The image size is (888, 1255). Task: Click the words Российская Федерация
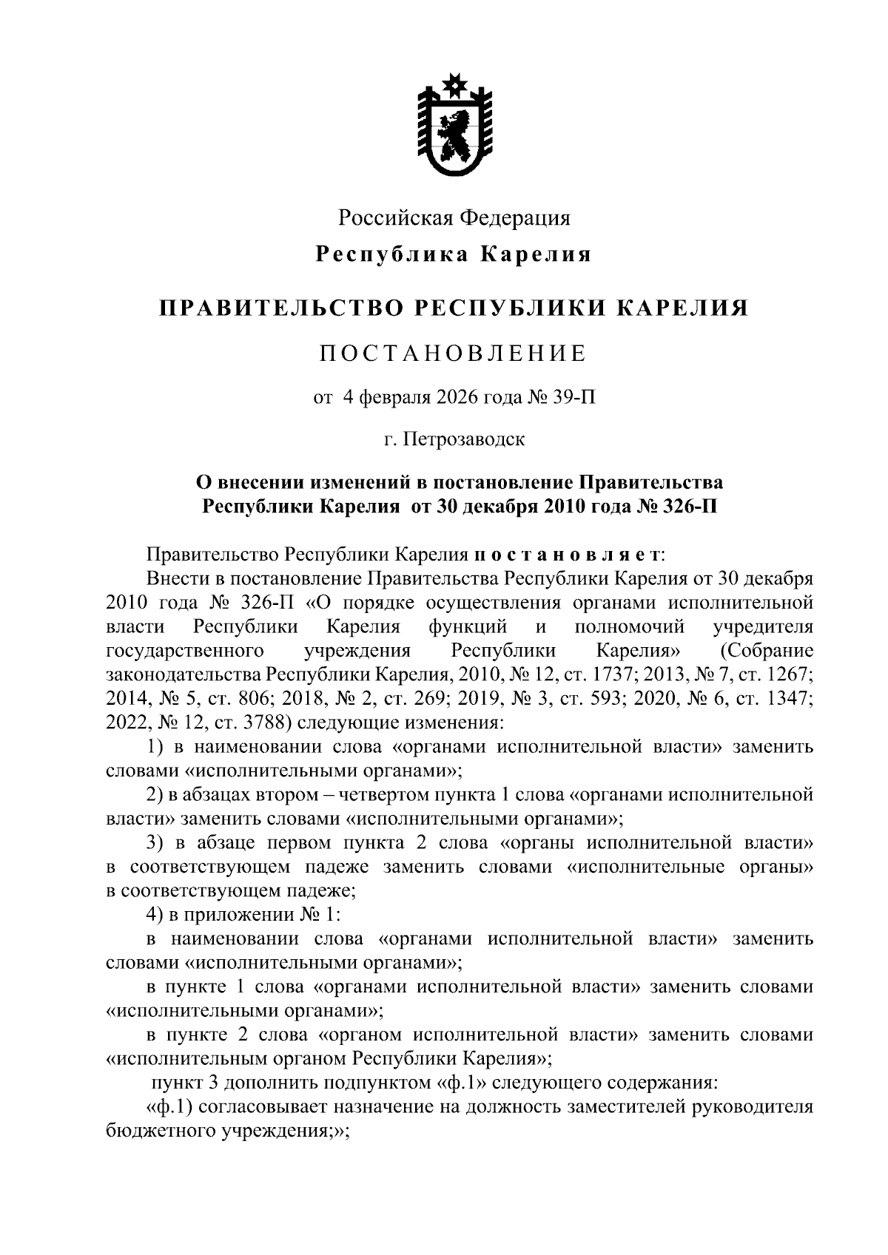point(454,218)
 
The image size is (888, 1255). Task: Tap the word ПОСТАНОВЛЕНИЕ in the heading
point(453,354)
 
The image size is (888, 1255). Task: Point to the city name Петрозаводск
point(465,439)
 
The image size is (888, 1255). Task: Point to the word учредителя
point(763,627)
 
